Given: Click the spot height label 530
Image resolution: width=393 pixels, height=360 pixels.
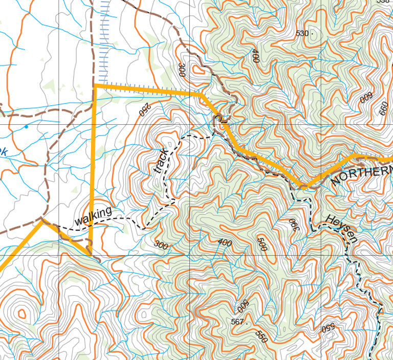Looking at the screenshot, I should [302, 33].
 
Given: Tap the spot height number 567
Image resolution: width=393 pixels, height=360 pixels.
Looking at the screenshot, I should [237, 322].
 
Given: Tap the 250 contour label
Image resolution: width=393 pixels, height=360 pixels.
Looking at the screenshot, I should [144, 108].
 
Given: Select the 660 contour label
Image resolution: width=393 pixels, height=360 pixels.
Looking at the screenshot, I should [383, 108].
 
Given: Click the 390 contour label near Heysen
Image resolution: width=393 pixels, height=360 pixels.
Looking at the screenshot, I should [294, 225].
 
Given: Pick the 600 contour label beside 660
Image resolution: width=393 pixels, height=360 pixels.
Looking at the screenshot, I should [366, 97].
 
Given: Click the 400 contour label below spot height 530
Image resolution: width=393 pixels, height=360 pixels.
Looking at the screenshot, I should [255, 55].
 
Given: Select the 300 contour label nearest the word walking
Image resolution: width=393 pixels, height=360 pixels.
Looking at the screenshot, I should [161, 245].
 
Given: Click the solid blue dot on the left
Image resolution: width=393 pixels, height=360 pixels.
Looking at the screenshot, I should [26, 126].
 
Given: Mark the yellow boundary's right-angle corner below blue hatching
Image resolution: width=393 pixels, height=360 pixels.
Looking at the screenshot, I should [96, 86].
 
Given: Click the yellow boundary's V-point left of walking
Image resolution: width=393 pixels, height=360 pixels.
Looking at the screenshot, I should [42, 220].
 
